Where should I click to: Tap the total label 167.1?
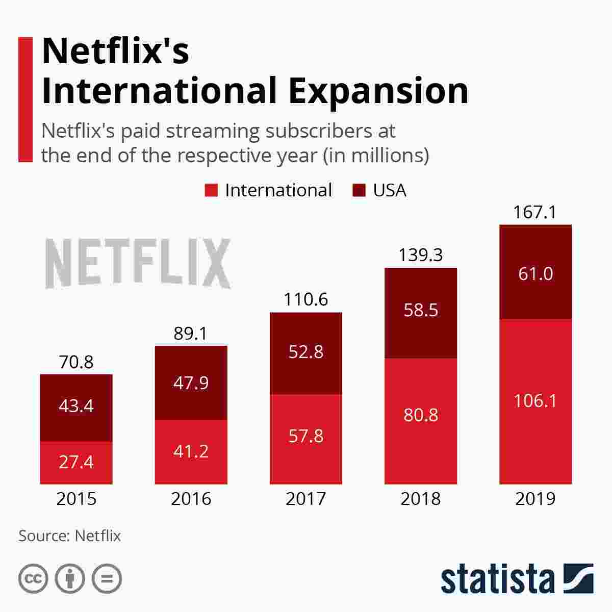(x=534, y=212)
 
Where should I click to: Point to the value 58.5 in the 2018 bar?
(x=421, y=310)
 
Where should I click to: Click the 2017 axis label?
(x=306, y=499)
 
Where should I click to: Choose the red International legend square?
(x=211, y=190)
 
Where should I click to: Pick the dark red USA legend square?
(x=359, y=190)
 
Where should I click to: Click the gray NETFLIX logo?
(x=138, y=263)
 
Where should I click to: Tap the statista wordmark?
(x=497, y=579)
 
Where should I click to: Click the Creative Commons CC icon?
(x=33, y=578)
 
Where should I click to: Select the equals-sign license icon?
(x=107, y=578)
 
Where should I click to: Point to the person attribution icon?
(x=70, y=578)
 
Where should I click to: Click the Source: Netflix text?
(x=69, y=536)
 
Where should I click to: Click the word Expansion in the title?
(x=378, y=90)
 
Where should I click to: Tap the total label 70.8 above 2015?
(x=76, y=362)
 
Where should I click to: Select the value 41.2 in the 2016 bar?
(x=191, y=451)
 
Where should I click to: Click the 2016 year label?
(x=191, y=499)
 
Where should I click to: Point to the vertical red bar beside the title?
(x=25, y=99)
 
